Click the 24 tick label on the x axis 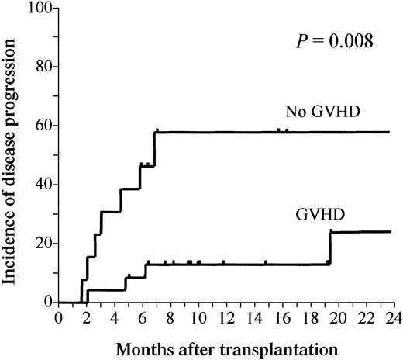390,318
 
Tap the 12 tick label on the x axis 224,318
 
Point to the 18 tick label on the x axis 307,318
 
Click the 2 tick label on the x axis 86,318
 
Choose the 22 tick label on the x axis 362,318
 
